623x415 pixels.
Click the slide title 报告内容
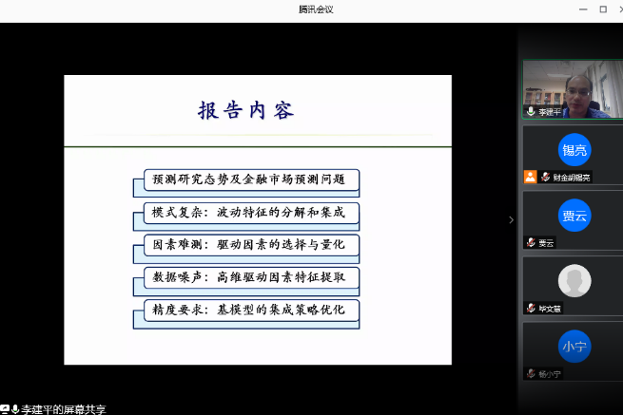pyautogui.click(x=245, y=110)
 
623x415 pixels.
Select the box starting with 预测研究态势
pyautogui.click(x=244, y=179)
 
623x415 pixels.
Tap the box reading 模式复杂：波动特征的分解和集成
pyautogui.click(x=244, y=212)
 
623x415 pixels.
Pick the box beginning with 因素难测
pyautogui.click(x=244, y=245)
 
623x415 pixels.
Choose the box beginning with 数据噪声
pyautogui.click(x=244, y=277)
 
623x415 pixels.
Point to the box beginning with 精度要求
pyautogui.click(x=244, y=310)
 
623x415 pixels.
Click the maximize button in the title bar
pyautogui.click(x=601, y=9)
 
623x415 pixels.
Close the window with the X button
pyautogui.click(x=615, y=9)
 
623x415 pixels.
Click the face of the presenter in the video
pyautogui.click(x=574, y=86)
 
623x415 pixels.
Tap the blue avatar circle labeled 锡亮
pyautogui.click(x=574, y=149)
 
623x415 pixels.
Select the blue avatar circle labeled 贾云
pyautogui.click(x=574, y=216)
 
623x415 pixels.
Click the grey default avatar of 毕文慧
pyautogui.click(x=574, y=280)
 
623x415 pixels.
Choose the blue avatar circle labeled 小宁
pyautogui.click(x=574, y=346)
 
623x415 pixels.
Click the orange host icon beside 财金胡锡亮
pyautogui.click(x=530, y=177)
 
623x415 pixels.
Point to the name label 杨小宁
pyautogui.click(x=550, y=374)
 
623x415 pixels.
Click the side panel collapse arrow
pyautogui.click(x=511, y=219)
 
